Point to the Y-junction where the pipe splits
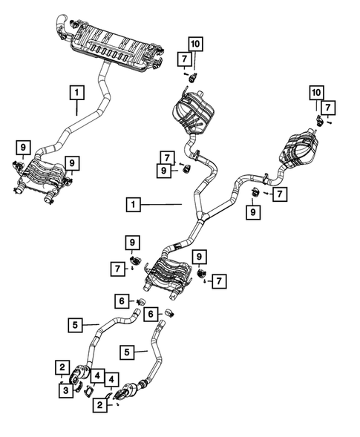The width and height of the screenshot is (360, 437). (200, 214)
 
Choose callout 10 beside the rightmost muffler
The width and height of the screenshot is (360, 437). (317, 93)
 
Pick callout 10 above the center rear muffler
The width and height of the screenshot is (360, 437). (194, 44)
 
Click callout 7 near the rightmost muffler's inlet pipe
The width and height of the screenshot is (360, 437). (280, 194)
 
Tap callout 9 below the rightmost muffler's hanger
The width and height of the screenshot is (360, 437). (253, 213)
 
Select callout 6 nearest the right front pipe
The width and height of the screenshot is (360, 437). (150, 315)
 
